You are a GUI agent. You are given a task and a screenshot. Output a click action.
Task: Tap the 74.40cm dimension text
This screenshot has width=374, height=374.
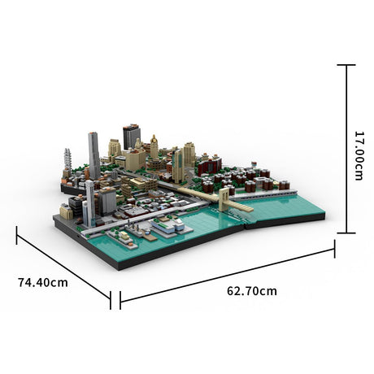click(x=43, y=282)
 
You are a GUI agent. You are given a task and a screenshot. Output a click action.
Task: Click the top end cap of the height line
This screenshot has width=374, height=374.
click(x=346, y=65)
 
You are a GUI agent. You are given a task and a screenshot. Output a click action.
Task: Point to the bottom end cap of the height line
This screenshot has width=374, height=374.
click(x=346, y=233)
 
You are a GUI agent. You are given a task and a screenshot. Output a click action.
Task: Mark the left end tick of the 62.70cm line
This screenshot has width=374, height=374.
click(x=120, y=302)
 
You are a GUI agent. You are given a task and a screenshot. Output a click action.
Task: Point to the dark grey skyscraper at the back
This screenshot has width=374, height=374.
click(x=131, y=136)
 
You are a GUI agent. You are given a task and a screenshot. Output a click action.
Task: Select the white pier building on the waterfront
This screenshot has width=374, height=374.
click(x=167, y=227)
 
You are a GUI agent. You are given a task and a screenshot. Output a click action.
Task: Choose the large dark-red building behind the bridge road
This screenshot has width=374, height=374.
click(x=209, y=166)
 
